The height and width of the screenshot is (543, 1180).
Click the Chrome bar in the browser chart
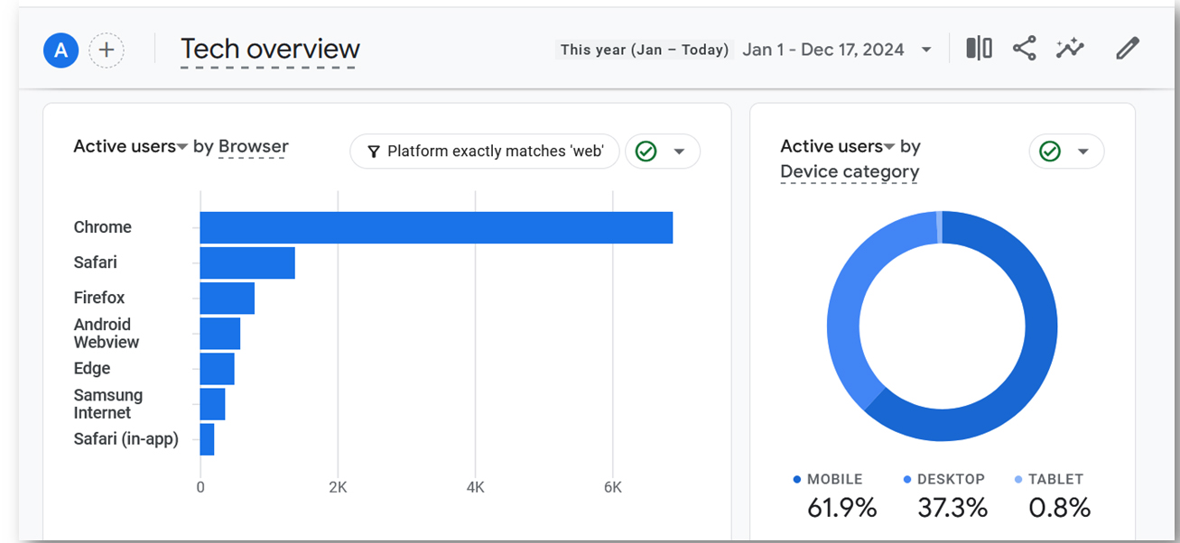[x=436, y=227]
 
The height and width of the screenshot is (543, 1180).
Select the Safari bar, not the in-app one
[x=247, y=262]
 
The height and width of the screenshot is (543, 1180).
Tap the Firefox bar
[x=227, y=298]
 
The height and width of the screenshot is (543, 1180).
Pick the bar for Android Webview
[x=220, y=333]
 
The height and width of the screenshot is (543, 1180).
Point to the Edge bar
[x=217, y=368]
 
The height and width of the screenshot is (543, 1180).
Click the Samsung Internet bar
[x=212, y=403]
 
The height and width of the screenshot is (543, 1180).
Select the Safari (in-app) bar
[x=207, y=438]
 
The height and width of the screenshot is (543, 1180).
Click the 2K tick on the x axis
[x=338, y=487]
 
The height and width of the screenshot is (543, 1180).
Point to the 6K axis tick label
[x=613, y=487]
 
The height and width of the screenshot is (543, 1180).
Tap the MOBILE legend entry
[x=828, y=479]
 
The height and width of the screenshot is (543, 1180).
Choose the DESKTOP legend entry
[x=944, y=479]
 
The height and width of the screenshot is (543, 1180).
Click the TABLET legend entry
[x=1049, y=479]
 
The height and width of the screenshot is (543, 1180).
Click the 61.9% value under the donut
[x=841, y=508]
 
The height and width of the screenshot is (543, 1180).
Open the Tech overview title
[x=270, y=50]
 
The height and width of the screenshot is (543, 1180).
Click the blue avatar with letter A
[x=61, y=50]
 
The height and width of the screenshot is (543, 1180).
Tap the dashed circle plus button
[x=107, y=50]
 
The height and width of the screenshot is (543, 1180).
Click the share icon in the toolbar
[x=1025, y=49]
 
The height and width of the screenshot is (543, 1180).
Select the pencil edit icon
[x=1128, y=49]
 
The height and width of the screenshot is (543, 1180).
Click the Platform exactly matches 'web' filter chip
[x=485, y=152]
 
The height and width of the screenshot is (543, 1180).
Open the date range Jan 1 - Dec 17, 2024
[x=822, y=50]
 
